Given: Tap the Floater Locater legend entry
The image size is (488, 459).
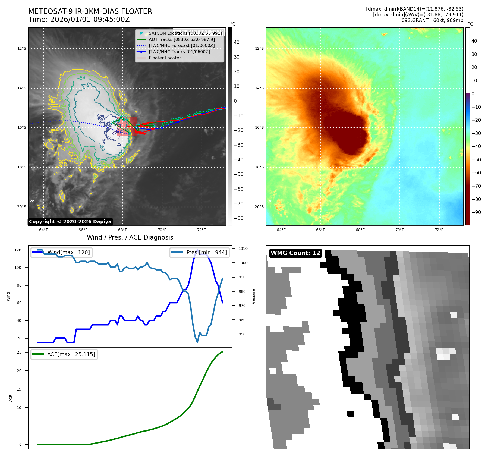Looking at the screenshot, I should click(x=165, y=58).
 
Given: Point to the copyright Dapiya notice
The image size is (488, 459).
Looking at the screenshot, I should click(x=70, y=222).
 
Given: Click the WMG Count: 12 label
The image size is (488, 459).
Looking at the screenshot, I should click(x=295, y=253).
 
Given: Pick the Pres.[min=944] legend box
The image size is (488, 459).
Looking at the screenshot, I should click(x=200, y=252).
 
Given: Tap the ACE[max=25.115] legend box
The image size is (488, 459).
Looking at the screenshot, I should click(x=64, y=354).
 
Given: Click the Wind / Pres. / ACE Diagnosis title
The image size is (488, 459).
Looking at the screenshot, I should click(x=130, y=237).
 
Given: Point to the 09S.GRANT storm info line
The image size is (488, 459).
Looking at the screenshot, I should click(x=432, y=20).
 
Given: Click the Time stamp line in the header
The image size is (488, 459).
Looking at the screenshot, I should click(x=79, y=20).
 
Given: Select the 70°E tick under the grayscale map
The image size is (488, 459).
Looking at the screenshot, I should click(x=162, y=230).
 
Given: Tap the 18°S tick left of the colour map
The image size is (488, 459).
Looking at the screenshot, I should click(x=259, y=167).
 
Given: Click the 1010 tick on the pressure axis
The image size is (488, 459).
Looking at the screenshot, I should click(x=243, y=249).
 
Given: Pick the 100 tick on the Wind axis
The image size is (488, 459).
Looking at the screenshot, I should click(x=18, y=268).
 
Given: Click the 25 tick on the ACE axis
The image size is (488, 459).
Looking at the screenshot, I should click(x=19, y=352).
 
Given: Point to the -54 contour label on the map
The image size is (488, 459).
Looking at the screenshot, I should click(x=81, y=78).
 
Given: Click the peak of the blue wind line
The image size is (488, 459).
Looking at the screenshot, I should click(x=197, y=250).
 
